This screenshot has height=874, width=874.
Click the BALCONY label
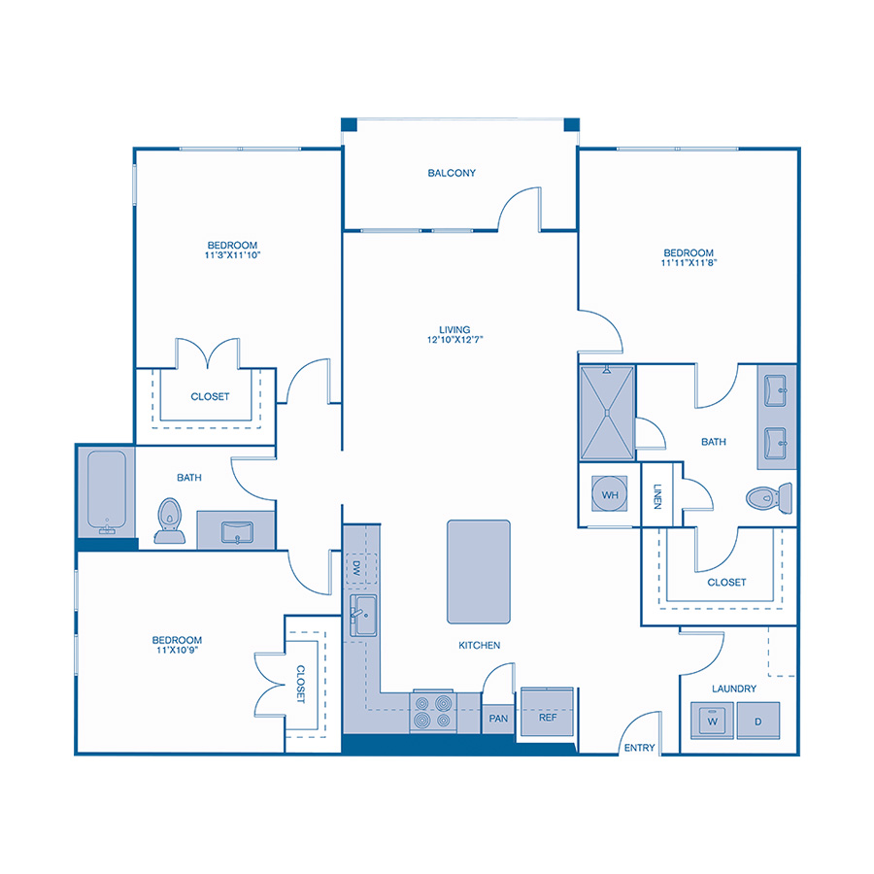[452, 174]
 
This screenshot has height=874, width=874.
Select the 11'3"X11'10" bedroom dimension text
[232, 255]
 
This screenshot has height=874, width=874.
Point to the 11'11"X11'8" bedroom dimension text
[689, 262]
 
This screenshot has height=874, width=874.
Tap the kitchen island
[478, 571]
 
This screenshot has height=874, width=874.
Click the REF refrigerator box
[548, 717]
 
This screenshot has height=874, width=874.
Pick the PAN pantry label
[498, 720]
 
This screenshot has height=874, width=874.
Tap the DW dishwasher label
[356, 567]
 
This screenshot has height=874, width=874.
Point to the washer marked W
[712, 722]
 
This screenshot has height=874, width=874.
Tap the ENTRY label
[640, 748]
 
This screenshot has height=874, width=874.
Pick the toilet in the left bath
[171, 519]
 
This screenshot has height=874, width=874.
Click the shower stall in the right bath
[607, 412]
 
